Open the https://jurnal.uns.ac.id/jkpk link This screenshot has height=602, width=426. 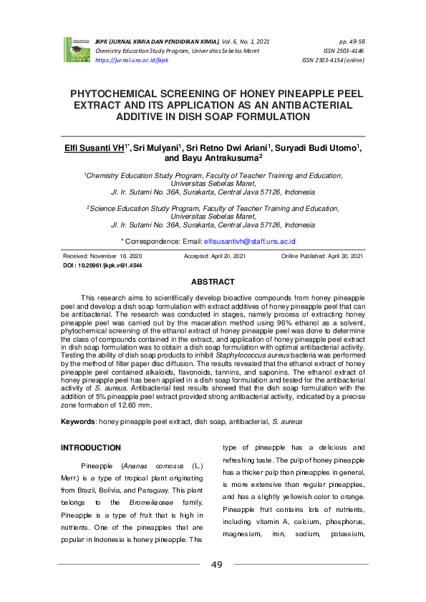(131, 61)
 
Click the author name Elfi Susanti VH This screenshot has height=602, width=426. (92, 147)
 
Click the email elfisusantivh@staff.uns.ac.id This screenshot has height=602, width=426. (249, 242)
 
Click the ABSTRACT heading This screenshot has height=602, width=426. (213, 282)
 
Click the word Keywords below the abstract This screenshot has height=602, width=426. (78, 423)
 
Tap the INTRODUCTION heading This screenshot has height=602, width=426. (91, 448)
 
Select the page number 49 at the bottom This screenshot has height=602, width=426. (217, 565)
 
